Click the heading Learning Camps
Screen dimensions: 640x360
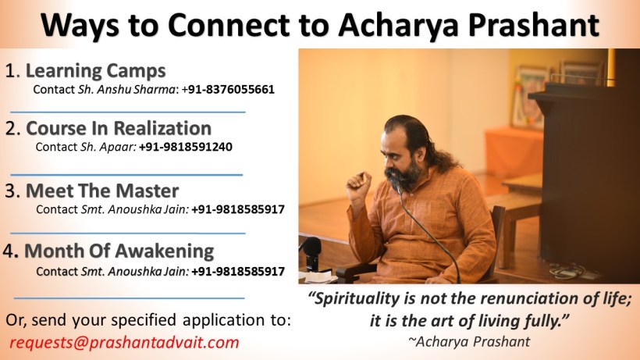(x=95, y=71)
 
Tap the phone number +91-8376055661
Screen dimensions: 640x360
(x=228, y=89)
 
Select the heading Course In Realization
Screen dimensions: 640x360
(x=119, y=128)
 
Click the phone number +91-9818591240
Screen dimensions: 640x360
(x=186, y=147)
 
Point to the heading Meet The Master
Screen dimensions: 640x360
(x=102, y=191)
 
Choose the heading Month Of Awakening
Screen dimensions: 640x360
(x=119, y=251)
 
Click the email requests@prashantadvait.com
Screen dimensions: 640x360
(x=124, y=342)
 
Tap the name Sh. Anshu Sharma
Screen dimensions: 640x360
(x=126, y=89)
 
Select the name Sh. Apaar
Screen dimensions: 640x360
(x=108, y=147)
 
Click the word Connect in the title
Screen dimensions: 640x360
(x=229, y=25)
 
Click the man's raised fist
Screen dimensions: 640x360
(x=358, y=186)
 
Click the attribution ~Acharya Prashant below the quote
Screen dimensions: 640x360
(x=469, y=341)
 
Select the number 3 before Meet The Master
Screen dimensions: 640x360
(x=10, y=191)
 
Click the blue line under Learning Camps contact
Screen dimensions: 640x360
(x=128, y=112)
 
